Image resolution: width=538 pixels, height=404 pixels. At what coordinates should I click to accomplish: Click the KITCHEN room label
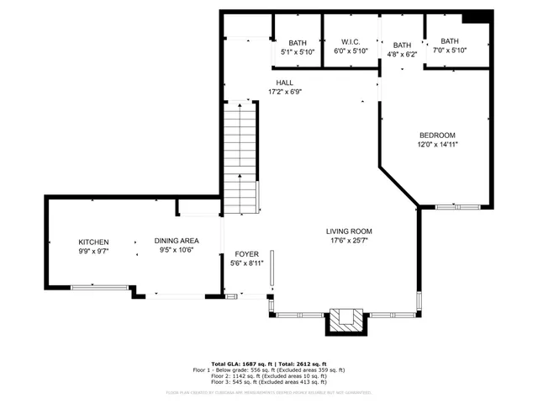point(93,242)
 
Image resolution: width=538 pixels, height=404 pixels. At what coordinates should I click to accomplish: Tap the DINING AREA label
point(176,242)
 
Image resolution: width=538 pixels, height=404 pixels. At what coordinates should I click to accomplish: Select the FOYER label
point(246,253)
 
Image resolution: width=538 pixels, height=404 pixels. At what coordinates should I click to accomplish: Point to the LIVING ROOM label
point(349,231)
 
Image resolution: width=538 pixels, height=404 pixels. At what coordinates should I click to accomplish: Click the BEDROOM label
point(437,136)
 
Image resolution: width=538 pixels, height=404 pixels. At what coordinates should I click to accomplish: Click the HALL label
point(284,82)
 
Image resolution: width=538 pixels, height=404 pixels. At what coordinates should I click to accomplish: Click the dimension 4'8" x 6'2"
point(402,54)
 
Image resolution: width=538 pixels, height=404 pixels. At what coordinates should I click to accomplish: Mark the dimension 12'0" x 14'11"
point(437,145)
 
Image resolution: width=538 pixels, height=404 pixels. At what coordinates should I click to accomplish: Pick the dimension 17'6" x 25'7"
point(349,241)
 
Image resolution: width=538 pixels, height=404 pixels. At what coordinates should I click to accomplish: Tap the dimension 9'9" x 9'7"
point(93,251)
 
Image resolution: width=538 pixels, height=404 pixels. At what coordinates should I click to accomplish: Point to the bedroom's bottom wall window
point(457,206)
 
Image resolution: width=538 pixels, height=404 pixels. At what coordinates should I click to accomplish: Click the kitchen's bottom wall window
point(99,288)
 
